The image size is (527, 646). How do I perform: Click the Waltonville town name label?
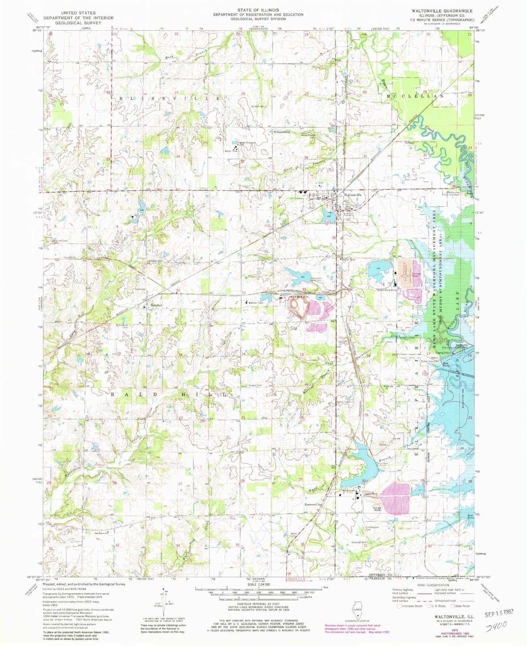point(353,195)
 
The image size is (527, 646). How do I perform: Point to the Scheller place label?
point(156,305)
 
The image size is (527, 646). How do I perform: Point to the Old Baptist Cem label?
point(373,528)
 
